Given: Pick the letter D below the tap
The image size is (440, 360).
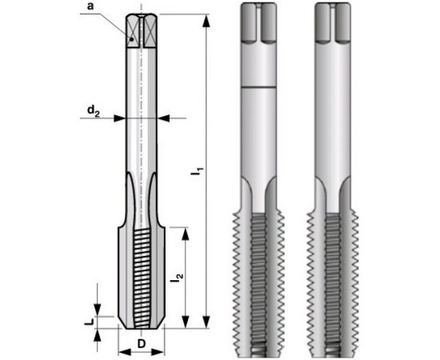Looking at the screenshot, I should tap(141, 344).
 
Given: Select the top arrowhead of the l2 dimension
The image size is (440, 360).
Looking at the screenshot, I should tap(186, 233).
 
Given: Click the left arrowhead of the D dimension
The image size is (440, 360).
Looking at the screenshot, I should tap(122, 351).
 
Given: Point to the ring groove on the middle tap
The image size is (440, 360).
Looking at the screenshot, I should tap(260, 86).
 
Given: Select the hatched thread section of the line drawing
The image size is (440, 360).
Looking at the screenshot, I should tap(144, 276).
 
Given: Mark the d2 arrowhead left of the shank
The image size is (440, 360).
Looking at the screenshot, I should tap(121, 118).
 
